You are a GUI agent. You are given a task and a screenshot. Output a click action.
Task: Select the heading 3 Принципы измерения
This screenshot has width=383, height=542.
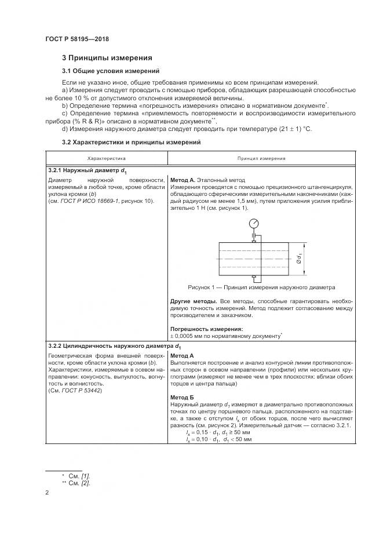pyautogui.click(x=107, y=58)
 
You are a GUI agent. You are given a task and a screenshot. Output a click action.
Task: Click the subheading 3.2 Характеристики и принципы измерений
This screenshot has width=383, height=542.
pyautogui.click(x=132, y=142)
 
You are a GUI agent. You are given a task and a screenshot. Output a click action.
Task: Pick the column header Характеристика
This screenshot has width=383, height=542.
pyautogui.click(x=106, y=158)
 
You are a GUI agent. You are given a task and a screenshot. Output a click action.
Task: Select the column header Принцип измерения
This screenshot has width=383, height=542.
pyautogui.click(x=261, y=158)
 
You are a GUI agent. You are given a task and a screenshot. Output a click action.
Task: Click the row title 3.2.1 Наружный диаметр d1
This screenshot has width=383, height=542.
pyautogui.click(x=87, y=171)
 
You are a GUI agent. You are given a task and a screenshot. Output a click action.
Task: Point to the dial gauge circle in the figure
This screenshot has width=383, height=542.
pyautogui.click(x=254, y=223)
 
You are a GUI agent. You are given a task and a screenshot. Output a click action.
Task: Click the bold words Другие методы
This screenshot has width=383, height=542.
pyautogui.click(x=194, y=302)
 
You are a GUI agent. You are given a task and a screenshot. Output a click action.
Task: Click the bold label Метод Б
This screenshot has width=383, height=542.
pyautogui.click(x=183, y=398)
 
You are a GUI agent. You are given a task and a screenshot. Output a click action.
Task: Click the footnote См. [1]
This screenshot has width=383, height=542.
pyautogui.click(x=79, y=475)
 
